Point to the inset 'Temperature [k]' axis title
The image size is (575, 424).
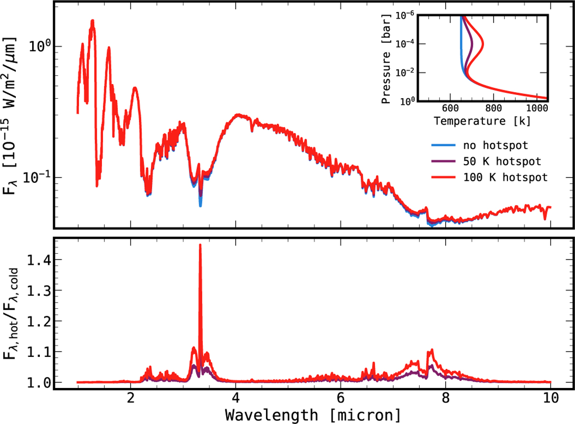[x=482, y=121]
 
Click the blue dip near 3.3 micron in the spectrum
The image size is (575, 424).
[x=200, y=202]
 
